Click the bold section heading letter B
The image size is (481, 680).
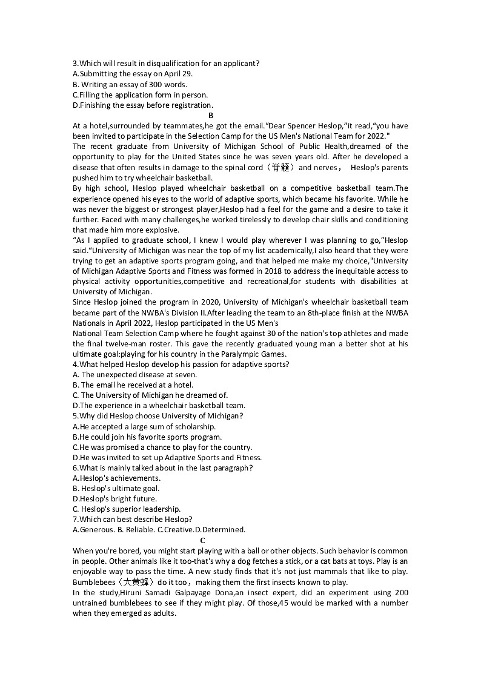211,115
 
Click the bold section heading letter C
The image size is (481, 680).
202,540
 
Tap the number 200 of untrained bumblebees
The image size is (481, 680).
400,593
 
